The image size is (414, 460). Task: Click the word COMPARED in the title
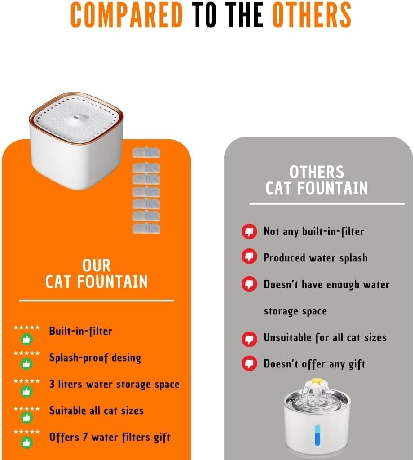(126, 15)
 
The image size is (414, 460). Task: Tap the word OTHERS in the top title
(312, 15)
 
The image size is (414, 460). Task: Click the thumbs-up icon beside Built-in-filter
(26, 340)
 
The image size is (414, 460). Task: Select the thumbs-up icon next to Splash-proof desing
(26, 364)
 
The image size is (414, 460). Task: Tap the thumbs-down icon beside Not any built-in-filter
(249, 231)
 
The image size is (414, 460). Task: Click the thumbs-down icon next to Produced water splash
(249, 257)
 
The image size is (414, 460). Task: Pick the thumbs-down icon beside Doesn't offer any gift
(249, 363)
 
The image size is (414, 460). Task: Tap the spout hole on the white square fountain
(76, 117)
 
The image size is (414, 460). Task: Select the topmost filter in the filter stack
(146, 153)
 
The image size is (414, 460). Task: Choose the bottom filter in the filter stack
(146, 229)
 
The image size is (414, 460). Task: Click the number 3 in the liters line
(52, 384)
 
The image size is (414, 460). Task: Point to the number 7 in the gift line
(85, 437)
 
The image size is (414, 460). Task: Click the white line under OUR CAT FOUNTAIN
(97, 301)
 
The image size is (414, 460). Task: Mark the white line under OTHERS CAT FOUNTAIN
(326, 203)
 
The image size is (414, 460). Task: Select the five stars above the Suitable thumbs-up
(26, 409)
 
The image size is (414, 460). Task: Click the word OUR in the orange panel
(97, 265)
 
